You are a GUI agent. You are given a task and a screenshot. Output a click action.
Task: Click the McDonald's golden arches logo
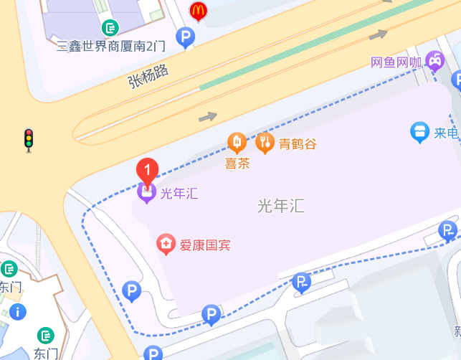[x=198, y=11]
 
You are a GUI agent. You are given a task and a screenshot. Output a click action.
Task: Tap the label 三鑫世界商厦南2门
[x=111, y=46]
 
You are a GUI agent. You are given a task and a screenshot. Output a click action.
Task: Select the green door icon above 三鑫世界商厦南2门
[x=110, y=28]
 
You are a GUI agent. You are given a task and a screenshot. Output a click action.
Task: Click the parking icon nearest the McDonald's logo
[x=186, y=36]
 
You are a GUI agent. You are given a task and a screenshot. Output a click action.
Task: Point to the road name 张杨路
[x=148, y=75]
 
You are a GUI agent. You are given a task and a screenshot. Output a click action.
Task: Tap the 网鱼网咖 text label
[x=396, y=62]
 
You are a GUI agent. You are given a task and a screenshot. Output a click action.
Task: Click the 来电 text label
[x=446, y=133]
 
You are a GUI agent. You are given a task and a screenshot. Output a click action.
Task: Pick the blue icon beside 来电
[x=419, y=132]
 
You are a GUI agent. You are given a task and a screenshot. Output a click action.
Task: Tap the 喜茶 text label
[x=237, y=163]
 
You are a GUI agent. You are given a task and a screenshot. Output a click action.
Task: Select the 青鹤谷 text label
[x=298, y=143]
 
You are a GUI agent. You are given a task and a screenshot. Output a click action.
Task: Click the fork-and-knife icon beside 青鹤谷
[x=265, y=143]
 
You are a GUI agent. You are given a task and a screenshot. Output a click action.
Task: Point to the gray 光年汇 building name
[x=281, y=207]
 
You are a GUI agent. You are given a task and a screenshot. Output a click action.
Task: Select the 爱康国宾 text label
[x=205, y=245]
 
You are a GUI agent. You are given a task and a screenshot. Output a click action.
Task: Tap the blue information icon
[x=16, y=312]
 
